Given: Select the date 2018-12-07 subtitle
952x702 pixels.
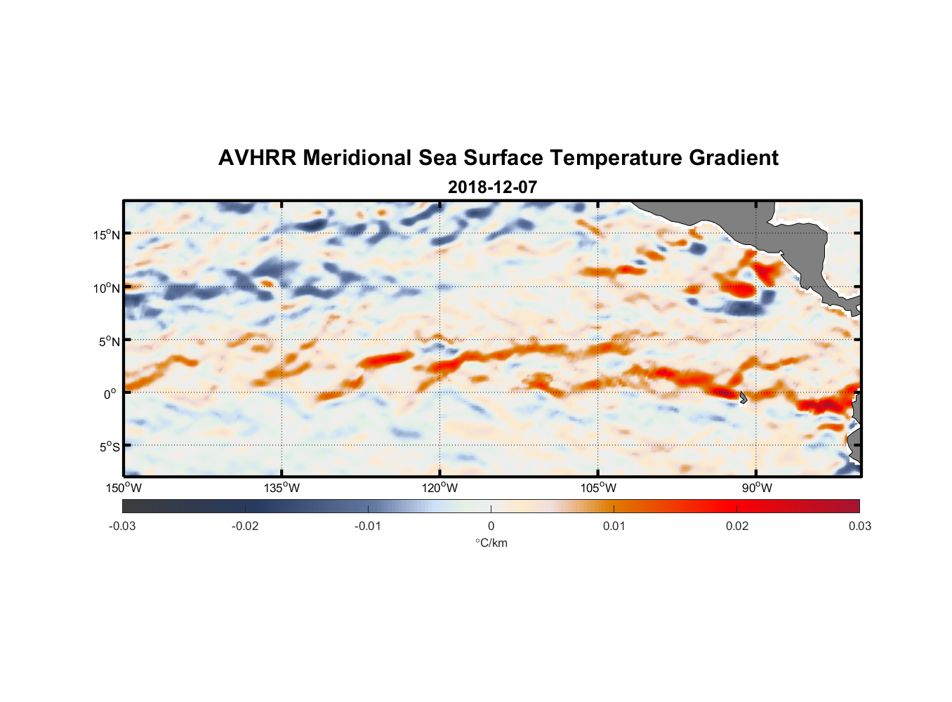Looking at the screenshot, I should click(x=492, y=187).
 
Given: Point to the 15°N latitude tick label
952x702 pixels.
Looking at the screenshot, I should click(x=107, y=234).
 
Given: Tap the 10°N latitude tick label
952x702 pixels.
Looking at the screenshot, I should click(x=107, y=288).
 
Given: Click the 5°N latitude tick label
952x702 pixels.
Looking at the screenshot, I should click(x=109, y=341).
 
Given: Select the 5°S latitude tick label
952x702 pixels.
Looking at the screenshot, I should click(x=109, y=447).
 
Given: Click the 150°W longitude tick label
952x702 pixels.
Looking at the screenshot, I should click(x=124, y=488).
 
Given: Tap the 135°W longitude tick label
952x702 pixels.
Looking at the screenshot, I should click(x=282, y=488).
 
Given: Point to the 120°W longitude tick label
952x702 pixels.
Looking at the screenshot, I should click(x=440, y=488).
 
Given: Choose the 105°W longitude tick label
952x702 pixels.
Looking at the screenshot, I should click(x=598, y=488).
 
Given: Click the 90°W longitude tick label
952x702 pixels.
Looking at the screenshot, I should click(x=757, y=488).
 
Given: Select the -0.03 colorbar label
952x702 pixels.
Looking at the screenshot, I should click(x=122, y=526).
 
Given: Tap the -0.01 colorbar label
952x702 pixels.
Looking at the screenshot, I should click(x=367, y=526).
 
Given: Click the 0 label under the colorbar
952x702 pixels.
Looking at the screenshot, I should click(x=491, y=526).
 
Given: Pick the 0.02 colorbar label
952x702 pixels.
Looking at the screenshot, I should click(x=737, y=526).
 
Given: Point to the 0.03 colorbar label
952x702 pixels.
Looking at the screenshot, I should click(x=859, y=526).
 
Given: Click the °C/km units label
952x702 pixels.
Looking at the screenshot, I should click(x=491, y=543).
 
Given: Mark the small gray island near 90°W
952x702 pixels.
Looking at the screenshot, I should click(x=743, y=397).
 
